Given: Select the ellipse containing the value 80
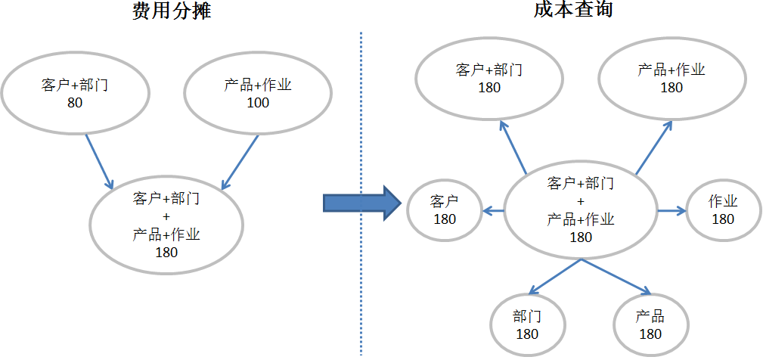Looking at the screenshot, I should pyautogui.click(x=75, y=92).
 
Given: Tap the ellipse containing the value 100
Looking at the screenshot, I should pyautogui.click(x=258, y=92).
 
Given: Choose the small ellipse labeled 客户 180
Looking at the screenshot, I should pyautogui.click(x=445, y=209).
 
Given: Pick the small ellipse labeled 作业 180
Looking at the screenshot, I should pyautogui.click(x=722, y=209).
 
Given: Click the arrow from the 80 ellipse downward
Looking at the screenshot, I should pyautogui.click(x=99, y=162).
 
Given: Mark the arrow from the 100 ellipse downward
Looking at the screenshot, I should pyautogui.click(x=240, y=162).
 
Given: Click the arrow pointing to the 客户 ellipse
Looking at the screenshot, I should pyautogui.click(x=494, y=211).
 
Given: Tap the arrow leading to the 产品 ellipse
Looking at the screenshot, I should pyautogui.click(x=616, y=277).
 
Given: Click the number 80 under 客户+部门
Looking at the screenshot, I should pyautogui.click(x=75, y=102).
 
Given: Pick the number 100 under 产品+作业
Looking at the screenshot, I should pyautogui.click(x=258, y=102).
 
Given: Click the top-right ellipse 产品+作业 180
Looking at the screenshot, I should pyautogui.click(x=671, y=79).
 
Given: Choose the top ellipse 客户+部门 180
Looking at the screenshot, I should pyautogui.click(x=489, y=79).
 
